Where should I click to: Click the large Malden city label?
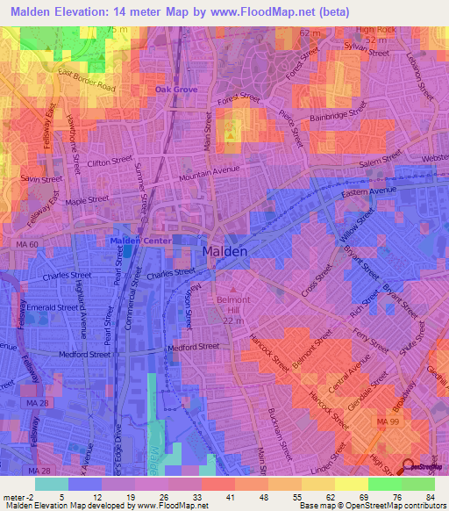point(225,250)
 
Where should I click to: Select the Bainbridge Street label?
point(338,115)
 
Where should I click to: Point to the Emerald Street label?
point(55,308)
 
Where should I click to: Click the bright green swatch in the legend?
point(385,483)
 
